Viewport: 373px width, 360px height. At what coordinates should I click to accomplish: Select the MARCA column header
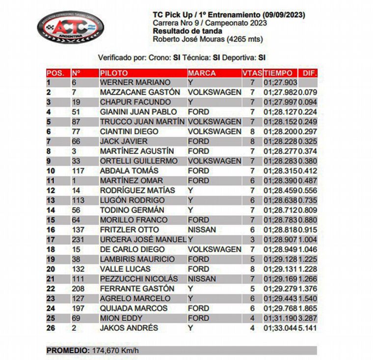(x=202, y=73)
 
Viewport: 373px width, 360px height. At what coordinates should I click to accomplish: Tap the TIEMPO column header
(x=278, y=73)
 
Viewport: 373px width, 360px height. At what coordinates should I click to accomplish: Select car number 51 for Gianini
(x=76, y=112)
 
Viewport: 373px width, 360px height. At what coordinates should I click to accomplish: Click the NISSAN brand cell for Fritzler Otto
(x=202, y=230)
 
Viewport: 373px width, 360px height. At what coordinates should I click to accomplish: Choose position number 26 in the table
(x=51, y=328)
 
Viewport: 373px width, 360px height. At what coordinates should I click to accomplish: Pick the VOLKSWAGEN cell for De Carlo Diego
(x=214, y=249)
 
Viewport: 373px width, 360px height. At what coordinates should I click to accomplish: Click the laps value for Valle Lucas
(x=252, y=269)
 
